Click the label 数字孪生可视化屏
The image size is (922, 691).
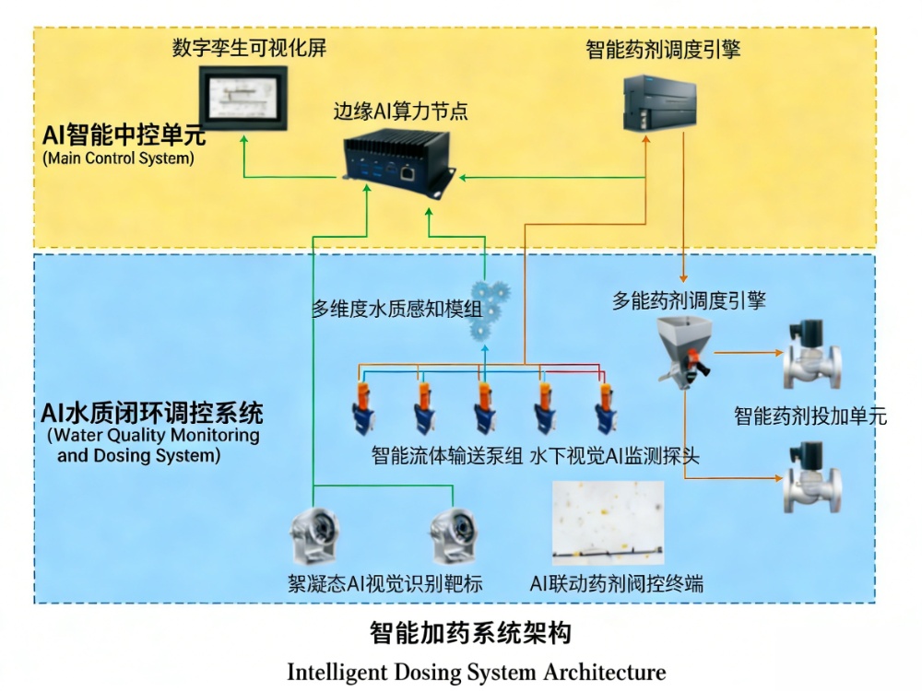(x=249, y=49)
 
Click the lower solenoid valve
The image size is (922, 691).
(x=812, y=479)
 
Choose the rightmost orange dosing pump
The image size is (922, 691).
(x=605, y=405)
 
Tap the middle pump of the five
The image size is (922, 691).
(x=482, y=405)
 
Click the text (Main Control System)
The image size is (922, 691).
(x=119, y=158)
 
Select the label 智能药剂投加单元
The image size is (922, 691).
(x=810, y=416)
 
